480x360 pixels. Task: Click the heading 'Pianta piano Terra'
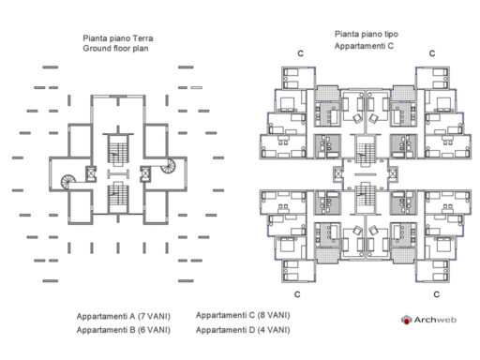pyautogui.click(x=117, y=38)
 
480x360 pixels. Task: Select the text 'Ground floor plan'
pyautogui.click(x=116, y=48)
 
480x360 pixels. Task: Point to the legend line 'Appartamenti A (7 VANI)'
pyautogui.click(x=123, y=316)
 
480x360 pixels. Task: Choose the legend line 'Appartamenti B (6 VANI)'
pyautogui.click(x=123, y=330)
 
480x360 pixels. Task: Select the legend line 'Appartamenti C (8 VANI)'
pyautogui.click(x=243, y=316)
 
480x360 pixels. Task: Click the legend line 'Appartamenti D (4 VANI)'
pyautogui.click(x=243, y=330)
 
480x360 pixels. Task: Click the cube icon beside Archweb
pyautogui.click(x=407, y=321)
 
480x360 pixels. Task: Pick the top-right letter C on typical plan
pyautogui.click(x=431, y=53)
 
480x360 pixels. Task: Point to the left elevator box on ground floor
pyautogui.click(x=90, y=173)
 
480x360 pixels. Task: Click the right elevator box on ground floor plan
pyautogui.click(x=144, y=173)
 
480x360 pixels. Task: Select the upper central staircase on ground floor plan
pyautogui.click(x=117, y=150)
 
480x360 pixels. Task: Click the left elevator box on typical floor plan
pyautogui.click(x=338, y=173)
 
